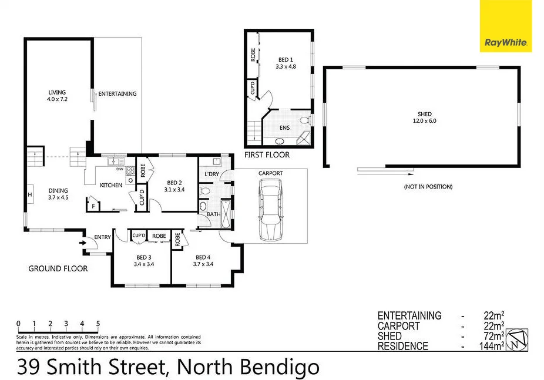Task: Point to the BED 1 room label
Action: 286,63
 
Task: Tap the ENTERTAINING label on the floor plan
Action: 117,94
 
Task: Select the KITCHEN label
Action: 111,186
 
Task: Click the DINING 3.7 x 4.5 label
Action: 58,194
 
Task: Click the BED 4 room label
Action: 203,261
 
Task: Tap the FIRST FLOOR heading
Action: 268,155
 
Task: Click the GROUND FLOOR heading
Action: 58,268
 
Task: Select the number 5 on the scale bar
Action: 98,324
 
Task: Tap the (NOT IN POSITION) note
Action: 428,187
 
